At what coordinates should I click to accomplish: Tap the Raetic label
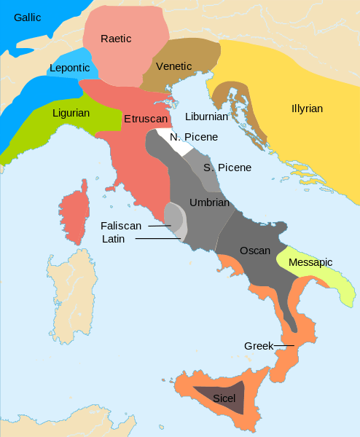pyautogui.click(x=116, y=39)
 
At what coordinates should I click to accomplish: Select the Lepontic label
pyautogui.click(x=69, y=68)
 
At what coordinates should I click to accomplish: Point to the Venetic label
pyautogui.click(x=173, y=67)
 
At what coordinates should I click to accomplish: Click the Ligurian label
pyautogui.click(x=71, y=113)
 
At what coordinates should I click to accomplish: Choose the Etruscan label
pyautogui.click(x=146, y=118)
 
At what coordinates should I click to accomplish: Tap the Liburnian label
pyautogui.click(x=206, y=117)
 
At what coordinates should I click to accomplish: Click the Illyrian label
pyautogui.click(x=306, y=109)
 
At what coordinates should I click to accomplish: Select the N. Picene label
pyautogui.click(x=195, y=137)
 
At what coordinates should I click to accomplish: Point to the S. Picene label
pyautogui.click(x=227, y=168)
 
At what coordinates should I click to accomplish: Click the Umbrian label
pyautogui.click(x=209, y=202)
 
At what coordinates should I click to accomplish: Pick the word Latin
pyautogui.click(x=114, y=239)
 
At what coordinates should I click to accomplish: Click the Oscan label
pyautogui.click(x=255, y=251)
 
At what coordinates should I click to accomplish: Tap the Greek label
pyautogui.click(x=259, y=346)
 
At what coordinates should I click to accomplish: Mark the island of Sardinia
pyautogui.click(x=71, y=299)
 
